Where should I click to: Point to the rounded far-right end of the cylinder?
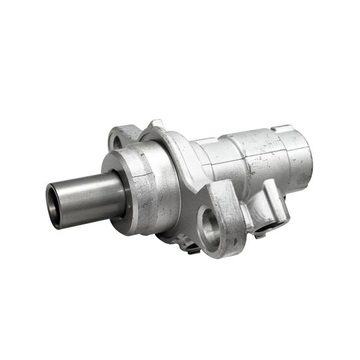coord(304,160)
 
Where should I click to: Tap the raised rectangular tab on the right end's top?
coord(283,129)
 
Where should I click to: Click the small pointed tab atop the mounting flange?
coord(156,124)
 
